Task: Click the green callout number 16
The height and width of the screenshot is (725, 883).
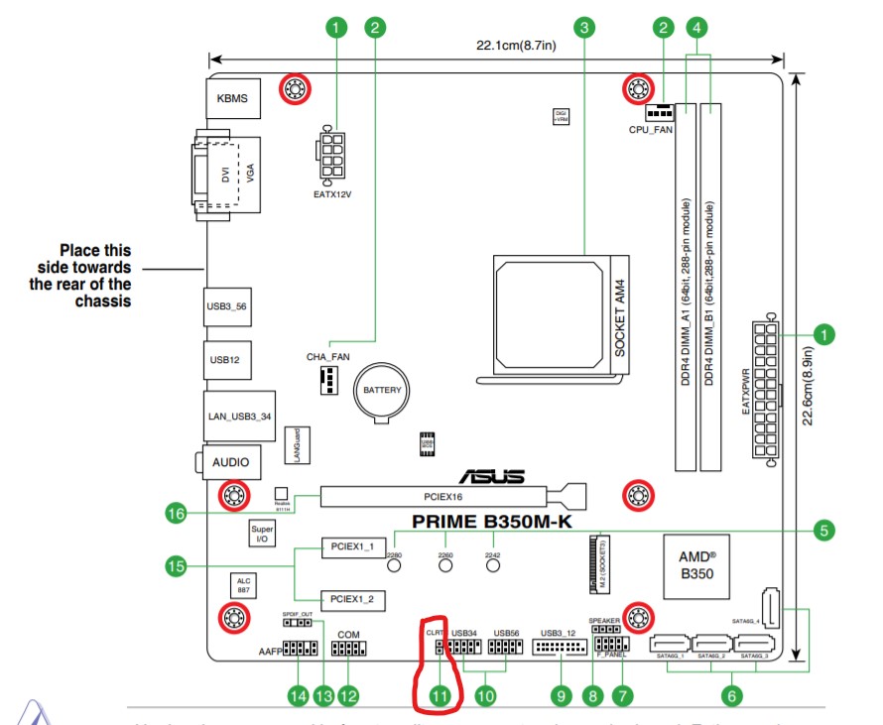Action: [x=176, y=514]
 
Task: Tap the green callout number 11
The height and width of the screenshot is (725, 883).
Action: [x=441, y=696]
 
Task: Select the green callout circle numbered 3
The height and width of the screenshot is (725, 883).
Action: [x=585, y=27]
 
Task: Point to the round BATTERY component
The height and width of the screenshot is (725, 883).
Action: [x=382, y=391]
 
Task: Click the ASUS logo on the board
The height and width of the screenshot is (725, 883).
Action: [x=486, y=477]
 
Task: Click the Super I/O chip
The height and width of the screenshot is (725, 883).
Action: [x=262, y=535]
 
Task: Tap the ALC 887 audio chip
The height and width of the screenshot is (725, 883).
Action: [x=243, y=585]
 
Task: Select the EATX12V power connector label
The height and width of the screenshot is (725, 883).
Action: [x=332, y=194]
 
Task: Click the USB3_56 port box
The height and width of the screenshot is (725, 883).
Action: [x=226, y=306]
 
